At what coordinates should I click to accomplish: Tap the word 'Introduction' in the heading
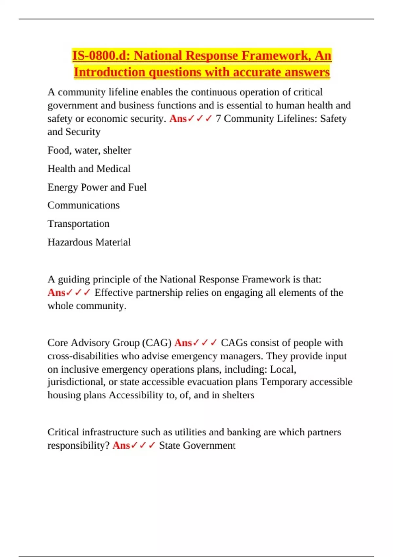pos(109,72)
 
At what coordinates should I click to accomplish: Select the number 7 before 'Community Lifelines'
pos(218,119)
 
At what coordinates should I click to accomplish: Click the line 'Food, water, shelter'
pos(89,150)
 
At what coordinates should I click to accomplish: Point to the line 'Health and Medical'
pos(89,169)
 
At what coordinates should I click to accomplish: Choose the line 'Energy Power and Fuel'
pos(97,187)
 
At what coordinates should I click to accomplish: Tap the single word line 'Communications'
pos(84,205)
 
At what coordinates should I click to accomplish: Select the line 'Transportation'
pos(79,224)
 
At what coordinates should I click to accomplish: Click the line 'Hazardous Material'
pos(89,242)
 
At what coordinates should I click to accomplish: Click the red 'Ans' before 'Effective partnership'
pos(56,292)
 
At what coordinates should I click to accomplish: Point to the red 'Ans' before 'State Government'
pos(121,446)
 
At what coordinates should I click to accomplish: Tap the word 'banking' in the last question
pos(244,432)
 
